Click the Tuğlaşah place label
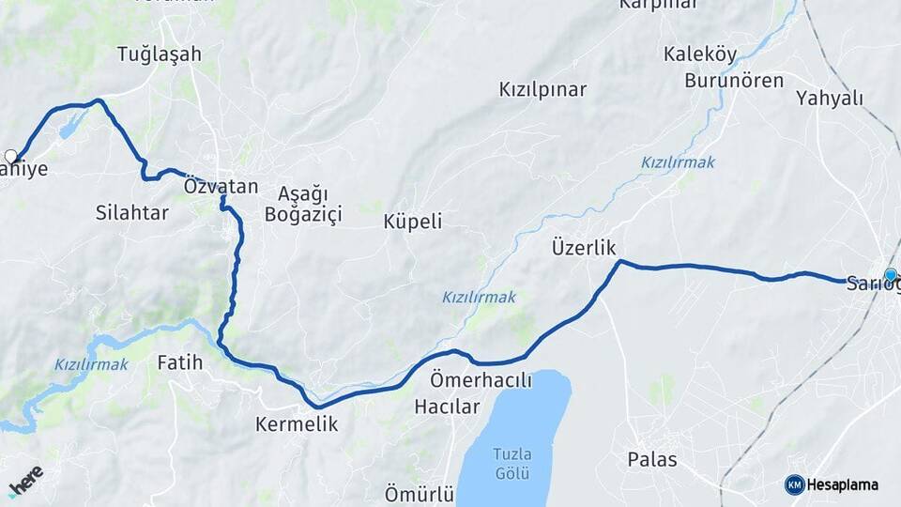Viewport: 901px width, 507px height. point(160,54)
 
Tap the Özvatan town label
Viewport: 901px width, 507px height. point(221,186)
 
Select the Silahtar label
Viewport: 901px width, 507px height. point(132,212)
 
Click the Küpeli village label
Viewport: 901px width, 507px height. point(413,222)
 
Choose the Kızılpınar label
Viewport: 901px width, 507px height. point(542,89)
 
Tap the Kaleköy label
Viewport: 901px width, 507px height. point(700,54)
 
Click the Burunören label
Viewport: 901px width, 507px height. point(734,80)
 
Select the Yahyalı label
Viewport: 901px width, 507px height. point(829,98)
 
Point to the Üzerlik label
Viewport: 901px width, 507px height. point(584,248)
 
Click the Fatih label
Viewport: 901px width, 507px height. point(180,361)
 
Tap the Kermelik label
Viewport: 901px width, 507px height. point(297,424)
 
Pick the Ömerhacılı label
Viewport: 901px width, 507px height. point(481,381)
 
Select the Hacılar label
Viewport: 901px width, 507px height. point(447,407)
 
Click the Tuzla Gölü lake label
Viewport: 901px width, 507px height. point(512,462)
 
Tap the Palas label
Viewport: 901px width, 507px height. point(652,460)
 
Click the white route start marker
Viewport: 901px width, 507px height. point(11,156)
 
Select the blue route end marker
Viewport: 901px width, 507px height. point(890,275)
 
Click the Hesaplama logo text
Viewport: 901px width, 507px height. point(843,484)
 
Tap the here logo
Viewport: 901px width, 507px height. point(25,481)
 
